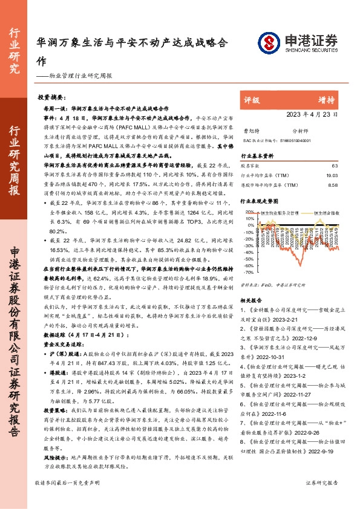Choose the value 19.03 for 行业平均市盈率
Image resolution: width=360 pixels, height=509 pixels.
[332, 174]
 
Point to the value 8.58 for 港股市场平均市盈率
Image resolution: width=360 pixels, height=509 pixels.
[333, 184]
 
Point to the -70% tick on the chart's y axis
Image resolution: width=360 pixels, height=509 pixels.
[248, 282]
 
